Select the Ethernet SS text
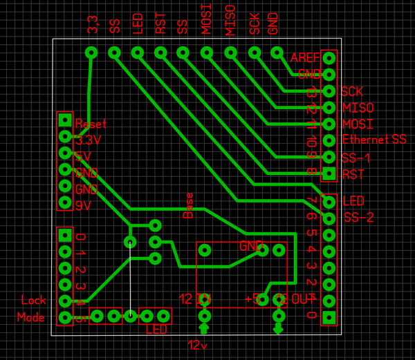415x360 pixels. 374,140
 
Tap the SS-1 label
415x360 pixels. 356,158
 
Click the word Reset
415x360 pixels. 91,125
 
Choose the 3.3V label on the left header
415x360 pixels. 89,140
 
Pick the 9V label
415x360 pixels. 83,206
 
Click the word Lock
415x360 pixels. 33,301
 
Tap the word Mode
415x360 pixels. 31,318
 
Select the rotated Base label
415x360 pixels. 188,205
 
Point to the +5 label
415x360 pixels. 252,299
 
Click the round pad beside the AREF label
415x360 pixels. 329,58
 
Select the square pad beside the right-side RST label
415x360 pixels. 329,173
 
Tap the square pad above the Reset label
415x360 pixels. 65,119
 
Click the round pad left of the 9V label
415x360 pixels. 65,202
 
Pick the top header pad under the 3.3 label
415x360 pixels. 91,53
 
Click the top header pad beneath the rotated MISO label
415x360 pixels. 230,53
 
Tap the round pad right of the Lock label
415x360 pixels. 65,301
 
